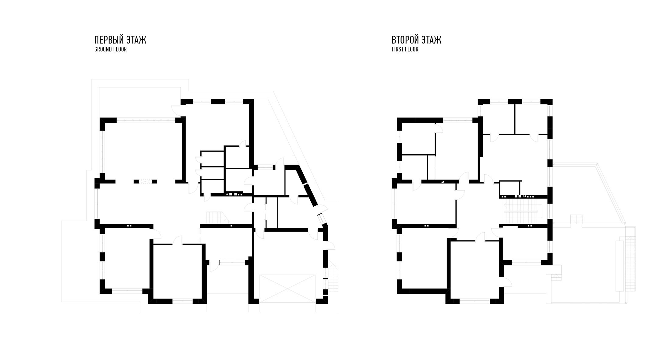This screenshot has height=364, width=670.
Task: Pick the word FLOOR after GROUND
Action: (121, 49)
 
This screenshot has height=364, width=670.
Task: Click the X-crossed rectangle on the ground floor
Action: (287, 289)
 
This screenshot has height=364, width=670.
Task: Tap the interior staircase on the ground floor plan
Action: (217, 218)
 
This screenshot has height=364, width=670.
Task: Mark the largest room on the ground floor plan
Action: (142, 151)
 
